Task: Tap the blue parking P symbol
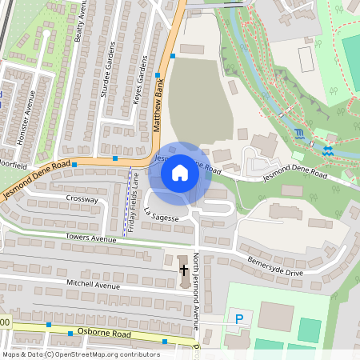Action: tap(238, 319)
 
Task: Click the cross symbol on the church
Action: tap(183, 270)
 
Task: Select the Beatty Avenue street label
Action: tap(79, 22)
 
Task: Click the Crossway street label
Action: tap(82, 198)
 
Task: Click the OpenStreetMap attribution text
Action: tap(81, 354)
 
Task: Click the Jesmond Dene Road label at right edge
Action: tap(298, 174)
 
